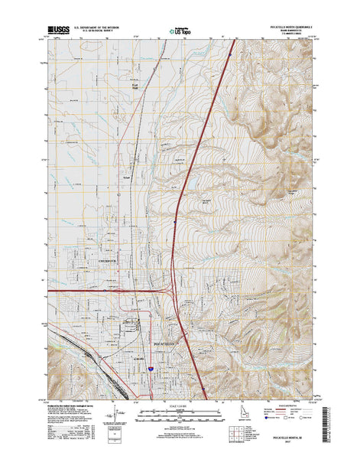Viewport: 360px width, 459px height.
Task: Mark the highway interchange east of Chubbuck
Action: (170, 290)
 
